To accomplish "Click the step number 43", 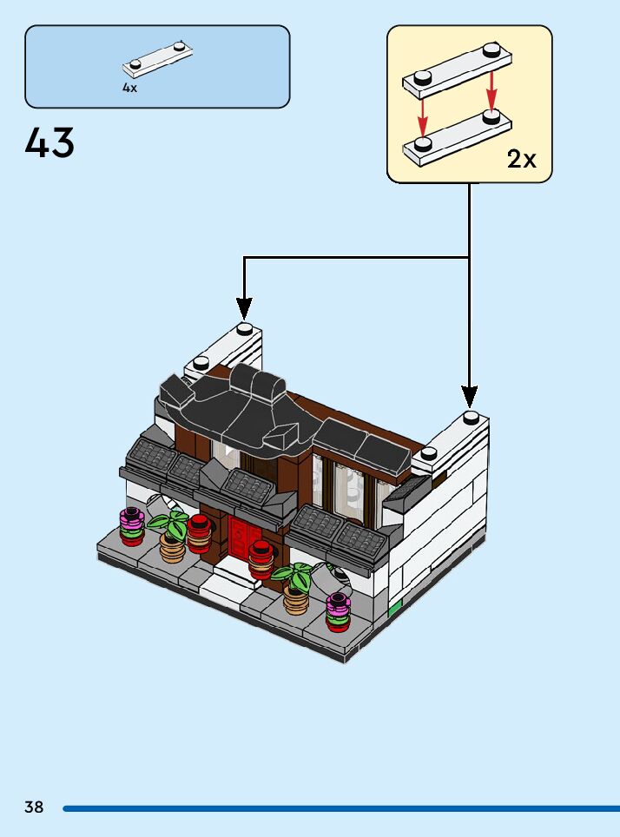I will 50,143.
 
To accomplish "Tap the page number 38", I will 34,807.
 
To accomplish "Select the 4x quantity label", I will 129,88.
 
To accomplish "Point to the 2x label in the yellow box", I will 522,159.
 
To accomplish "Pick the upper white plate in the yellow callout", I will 456,70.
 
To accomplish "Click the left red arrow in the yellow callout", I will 423,111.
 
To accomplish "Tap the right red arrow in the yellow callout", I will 491,89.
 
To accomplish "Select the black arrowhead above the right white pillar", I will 470,396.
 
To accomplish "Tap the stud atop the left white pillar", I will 245,328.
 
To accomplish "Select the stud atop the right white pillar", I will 471,417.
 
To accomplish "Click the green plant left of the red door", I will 169,524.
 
